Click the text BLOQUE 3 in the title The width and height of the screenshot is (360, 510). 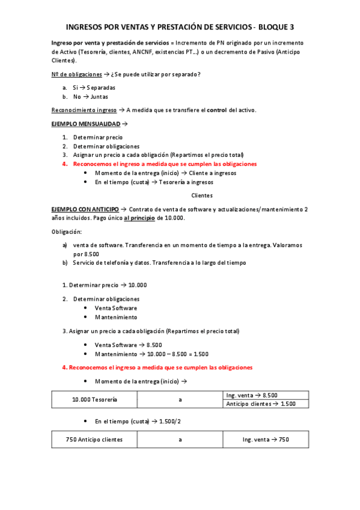(274, 27)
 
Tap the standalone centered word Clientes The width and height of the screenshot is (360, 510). (202, 195)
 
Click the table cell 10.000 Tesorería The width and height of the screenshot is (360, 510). (94, 399)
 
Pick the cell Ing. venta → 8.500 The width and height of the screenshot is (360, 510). (252, 395)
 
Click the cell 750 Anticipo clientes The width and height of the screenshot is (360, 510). (94, 440)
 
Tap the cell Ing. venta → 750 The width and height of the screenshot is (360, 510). (266, 440)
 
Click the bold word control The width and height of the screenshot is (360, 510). (216, 110)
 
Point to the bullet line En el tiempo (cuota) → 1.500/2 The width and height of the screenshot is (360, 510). (138, 421)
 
